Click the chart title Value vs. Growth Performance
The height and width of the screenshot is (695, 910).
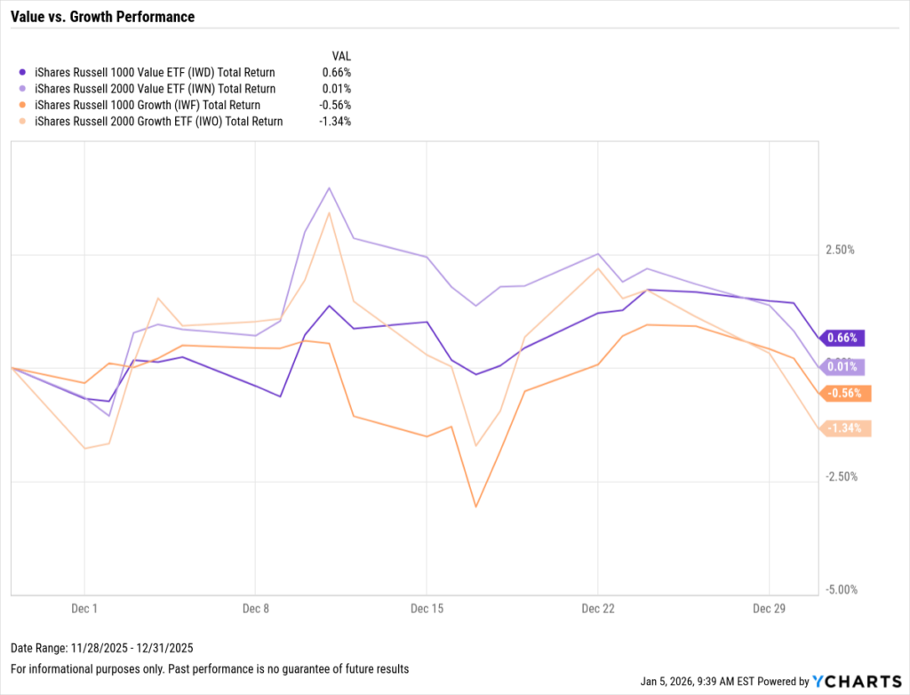click(102, 17)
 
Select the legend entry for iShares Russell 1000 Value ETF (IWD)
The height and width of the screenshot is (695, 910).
click(154, 72)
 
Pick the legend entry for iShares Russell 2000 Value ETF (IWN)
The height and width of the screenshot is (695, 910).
click(154, 89)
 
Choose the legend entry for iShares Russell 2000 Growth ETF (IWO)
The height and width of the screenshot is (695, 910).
click(157, 122)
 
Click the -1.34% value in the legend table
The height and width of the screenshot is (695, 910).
click(335, 122)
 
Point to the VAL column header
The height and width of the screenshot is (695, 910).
click(340, 55)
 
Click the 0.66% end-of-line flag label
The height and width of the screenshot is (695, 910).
click(842, 338)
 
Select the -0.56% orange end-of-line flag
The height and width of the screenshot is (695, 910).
click(843, 393)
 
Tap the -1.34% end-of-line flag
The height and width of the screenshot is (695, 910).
click(843, 428)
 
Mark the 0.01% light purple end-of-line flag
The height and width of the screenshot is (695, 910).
click(842, 365)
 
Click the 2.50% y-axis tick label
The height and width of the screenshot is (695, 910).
click(839, 250)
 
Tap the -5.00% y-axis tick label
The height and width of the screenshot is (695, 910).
click(839, 589)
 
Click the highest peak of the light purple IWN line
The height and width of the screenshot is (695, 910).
click(330, 188)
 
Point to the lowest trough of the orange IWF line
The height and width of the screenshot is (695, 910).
click(476, 507)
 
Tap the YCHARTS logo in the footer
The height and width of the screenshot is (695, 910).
click(856, 682)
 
